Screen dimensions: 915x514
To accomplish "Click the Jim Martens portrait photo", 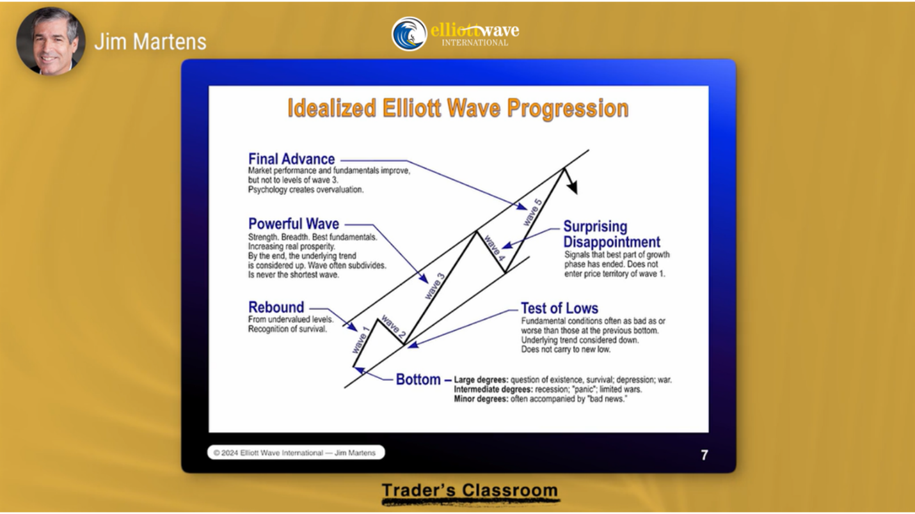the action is [51, 41].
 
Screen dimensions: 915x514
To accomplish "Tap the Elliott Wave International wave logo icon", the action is [409, 33].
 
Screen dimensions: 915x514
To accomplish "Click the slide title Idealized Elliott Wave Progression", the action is [458, 108].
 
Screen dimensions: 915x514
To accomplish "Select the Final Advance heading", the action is [291, 159].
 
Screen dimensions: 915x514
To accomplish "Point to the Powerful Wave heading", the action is [293, 224].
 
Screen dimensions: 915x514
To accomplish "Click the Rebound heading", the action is [276, 307].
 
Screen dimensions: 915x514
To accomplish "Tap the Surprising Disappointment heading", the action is [612, 234].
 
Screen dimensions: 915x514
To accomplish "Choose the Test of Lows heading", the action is [559, 308].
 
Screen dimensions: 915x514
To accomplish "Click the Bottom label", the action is [418, 379].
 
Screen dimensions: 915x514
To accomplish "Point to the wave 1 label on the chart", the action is [360, 340].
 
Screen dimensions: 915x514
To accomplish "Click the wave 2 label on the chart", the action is [394, 328].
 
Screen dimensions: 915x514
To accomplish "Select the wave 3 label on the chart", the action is [434, 286].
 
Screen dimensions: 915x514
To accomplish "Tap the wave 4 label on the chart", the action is [495, 248].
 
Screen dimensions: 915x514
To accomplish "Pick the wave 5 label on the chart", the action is [532, 212].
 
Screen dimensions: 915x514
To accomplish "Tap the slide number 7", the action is [704, 455].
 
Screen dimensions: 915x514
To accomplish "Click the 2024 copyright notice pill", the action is [296, 453].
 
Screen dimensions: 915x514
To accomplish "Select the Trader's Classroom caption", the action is [470, 490].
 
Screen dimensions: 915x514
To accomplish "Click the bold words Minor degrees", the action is [481, 399].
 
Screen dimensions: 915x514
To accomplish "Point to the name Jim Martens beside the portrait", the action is [150, 42].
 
